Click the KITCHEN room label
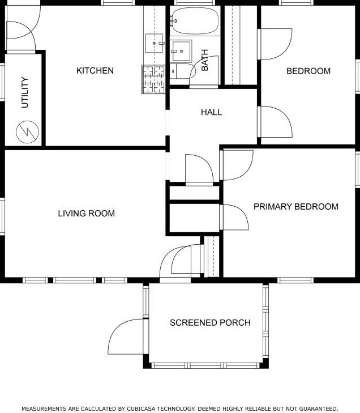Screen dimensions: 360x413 click(95, 71)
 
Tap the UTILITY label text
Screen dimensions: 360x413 click(25, 92)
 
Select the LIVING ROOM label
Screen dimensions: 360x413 click(86, 214)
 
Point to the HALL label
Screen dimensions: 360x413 click(211, 113)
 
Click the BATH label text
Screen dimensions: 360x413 click(204, 60)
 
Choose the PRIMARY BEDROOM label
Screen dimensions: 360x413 click(296, 206)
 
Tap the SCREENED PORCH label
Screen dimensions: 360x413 click(210, 323)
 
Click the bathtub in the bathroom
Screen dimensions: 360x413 click(195, 21)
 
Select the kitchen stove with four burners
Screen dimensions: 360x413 click(153, 79)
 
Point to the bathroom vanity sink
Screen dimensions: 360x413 click(181, 51)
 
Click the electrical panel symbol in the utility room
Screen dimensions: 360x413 click(27, 132)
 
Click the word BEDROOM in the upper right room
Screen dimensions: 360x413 click(308, 71)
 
